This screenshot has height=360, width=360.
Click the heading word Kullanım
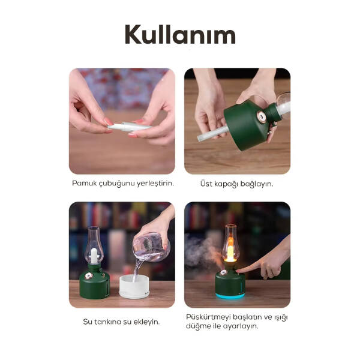pos(180,35)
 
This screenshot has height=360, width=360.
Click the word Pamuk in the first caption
pos(84,183)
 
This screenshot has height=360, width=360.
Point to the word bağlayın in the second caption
pos(257,183)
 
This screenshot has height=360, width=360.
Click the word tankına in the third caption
pos(114,322)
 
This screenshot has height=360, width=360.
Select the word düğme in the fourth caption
pos(199,326)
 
